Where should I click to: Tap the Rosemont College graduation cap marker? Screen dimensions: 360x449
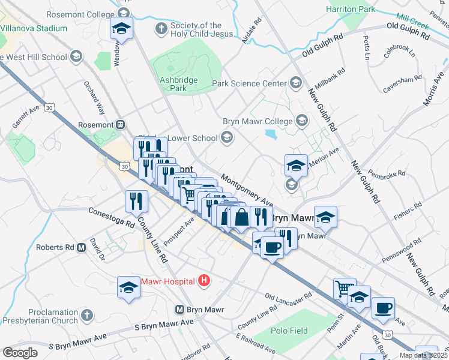(122, 28)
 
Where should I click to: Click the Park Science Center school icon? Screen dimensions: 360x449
(295, 82)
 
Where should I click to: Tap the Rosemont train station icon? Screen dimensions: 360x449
(121, 125)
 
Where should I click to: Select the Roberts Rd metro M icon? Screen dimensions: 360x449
(81, 247)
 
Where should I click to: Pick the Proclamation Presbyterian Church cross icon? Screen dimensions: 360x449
(87, 315)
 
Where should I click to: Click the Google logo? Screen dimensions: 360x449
(20, 352)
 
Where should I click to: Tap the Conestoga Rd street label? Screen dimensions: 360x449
(111, 217)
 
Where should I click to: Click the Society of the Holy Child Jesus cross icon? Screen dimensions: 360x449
(160, 28)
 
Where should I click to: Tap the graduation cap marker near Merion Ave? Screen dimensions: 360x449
(296, 165)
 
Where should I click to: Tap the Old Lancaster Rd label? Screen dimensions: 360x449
(289, 297)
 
